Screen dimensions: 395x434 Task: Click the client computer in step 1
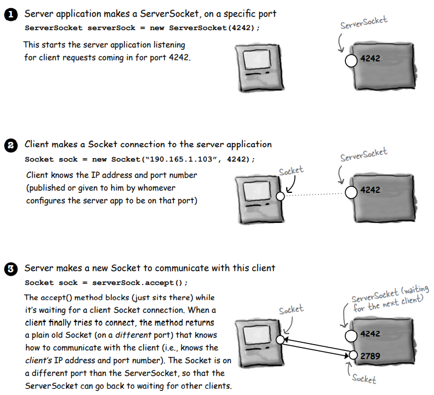261,68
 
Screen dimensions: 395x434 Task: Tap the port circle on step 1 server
350,60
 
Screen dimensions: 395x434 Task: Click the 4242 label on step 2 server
370,189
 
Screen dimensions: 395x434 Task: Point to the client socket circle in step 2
280,196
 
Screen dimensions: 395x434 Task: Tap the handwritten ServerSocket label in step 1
364,24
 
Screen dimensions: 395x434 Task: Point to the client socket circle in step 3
280,340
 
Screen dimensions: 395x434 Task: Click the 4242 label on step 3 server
370,334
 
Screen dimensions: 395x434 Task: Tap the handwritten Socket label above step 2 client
291,171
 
